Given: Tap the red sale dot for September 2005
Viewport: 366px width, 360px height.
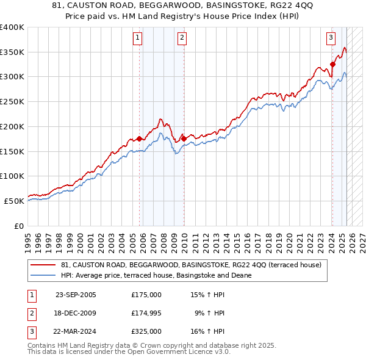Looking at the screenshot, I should (x=140, y=139).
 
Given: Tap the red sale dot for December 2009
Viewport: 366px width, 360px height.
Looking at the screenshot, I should (x=184, y=139).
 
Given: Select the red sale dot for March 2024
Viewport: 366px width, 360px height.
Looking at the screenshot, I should (x=333, y=64).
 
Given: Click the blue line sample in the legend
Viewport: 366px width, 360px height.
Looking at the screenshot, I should (x=43, y=275).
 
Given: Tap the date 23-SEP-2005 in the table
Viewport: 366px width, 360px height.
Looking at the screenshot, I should (x=76, y=295).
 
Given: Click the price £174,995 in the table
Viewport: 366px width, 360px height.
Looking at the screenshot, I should (x=146, y=314).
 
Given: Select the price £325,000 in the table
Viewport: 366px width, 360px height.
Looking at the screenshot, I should (x=146, y=333).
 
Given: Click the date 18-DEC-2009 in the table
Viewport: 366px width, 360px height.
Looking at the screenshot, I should (x=76, y=314).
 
